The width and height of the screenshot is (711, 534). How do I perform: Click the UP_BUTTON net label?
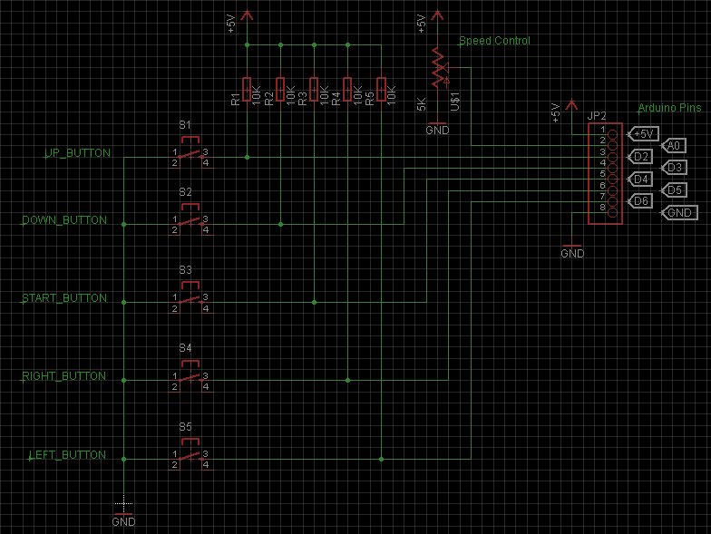coord(77,153)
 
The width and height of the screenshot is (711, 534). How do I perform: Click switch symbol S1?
coord(190,153)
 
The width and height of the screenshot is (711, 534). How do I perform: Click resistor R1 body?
coord(247,90)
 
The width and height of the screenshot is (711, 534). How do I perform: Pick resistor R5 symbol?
coord(381,90)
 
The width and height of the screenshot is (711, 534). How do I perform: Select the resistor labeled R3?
coord(314,90)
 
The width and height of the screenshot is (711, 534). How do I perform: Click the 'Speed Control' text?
coord(494,41)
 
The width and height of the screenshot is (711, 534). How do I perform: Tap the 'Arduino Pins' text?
coord(669,107)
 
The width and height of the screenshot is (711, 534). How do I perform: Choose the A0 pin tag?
coord(674,145)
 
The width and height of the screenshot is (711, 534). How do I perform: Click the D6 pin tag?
coord(640,201)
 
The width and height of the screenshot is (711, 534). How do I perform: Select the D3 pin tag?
coord(674,168)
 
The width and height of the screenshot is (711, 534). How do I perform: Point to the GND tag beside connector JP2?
coord(679,213)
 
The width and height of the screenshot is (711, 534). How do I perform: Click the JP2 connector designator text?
coord(597,116)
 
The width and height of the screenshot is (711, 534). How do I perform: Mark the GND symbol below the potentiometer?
coord(437,128)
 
